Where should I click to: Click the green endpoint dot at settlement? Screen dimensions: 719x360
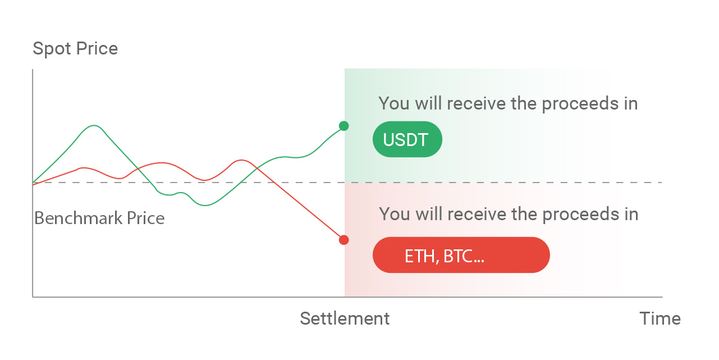344,126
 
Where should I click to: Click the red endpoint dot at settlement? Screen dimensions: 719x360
344,240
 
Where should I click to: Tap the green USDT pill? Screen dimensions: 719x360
407,139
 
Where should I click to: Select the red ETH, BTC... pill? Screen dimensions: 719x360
461,255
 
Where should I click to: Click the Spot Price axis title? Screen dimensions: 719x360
75,49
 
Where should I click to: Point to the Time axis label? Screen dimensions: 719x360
660,318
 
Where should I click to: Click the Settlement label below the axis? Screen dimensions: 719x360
345,318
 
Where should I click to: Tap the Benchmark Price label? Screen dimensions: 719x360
99,218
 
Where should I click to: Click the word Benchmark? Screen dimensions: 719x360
79,218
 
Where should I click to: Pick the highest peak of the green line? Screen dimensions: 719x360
94,126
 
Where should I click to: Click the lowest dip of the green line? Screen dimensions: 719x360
205,205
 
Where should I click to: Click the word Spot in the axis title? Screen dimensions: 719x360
52,49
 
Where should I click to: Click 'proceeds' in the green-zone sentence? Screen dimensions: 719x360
580,104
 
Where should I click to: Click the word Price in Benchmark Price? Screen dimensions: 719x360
146,218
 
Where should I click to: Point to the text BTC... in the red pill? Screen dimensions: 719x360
464,256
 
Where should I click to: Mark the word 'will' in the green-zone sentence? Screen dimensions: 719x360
428,103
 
